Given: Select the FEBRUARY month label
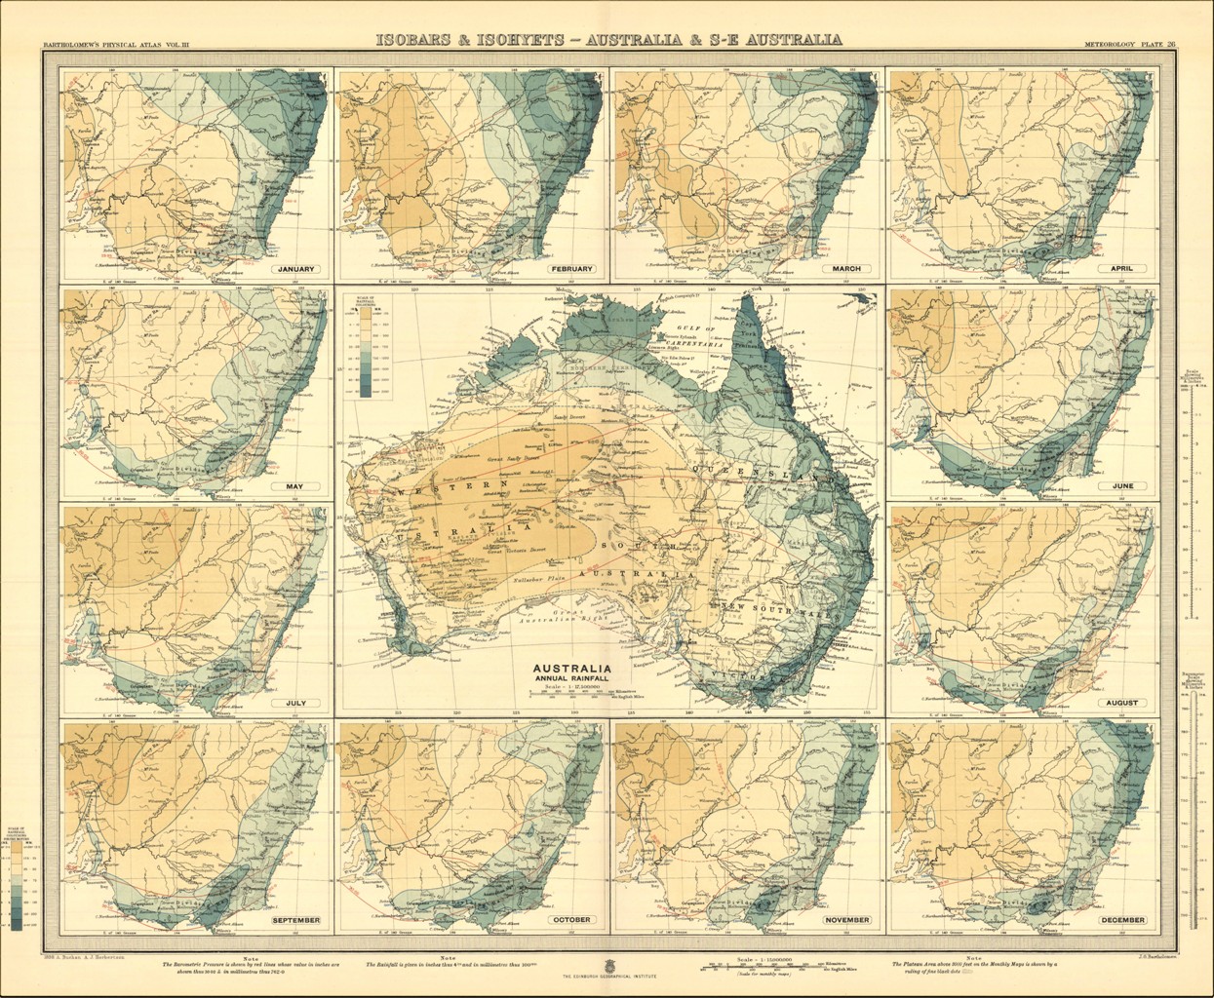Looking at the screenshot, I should [571, 268].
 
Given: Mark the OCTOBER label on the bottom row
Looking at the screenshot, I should [571, 920].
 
